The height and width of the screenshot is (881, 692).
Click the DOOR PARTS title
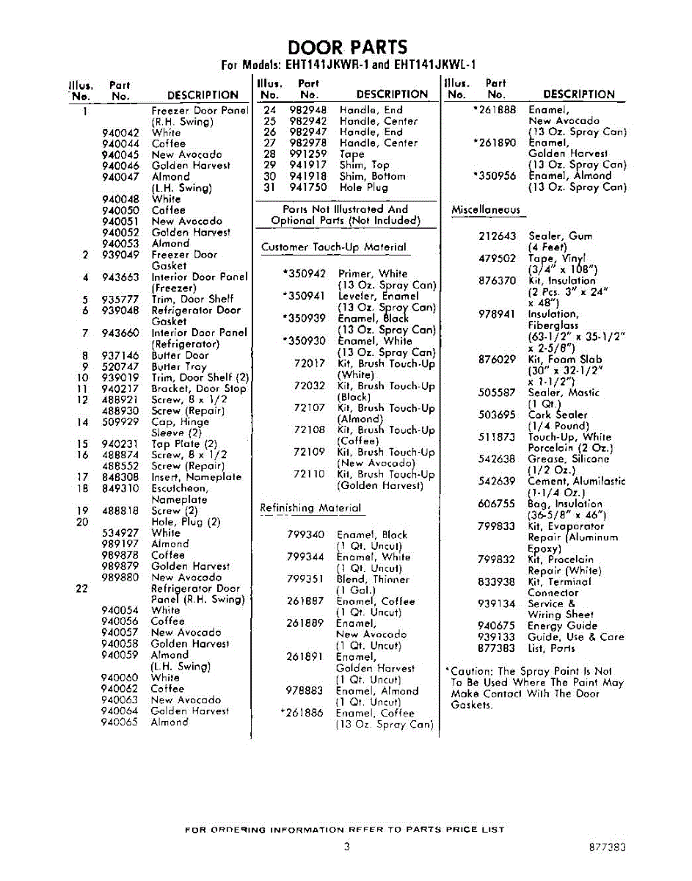347,48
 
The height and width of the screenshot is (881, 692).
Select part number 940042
120,133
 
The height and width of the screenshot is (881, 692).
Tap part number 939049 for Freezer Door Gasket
120,255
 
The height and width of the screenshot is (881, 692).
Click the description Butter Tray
179,366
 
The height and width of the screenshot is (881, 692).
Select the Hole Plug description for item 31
364,187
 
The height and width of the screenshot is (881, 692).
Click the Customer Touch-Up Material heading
333,247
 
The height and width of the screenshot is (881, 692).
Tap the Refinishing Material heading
310,508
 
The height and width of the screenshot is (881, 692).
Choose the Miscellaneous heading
485,210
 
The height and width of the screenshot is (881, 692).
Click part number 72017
309,363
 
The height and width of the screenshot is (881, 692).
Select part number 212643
497,236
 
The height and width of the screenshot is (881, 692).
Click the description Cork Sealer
558,415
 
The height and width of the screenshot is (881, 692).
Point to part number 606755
497,504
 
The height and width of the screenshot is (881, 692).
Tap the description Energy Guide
562,626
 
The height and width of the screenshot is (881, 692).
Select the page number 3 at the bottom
346,846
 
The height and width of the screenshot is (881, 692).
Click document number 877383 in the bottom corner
607,847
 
